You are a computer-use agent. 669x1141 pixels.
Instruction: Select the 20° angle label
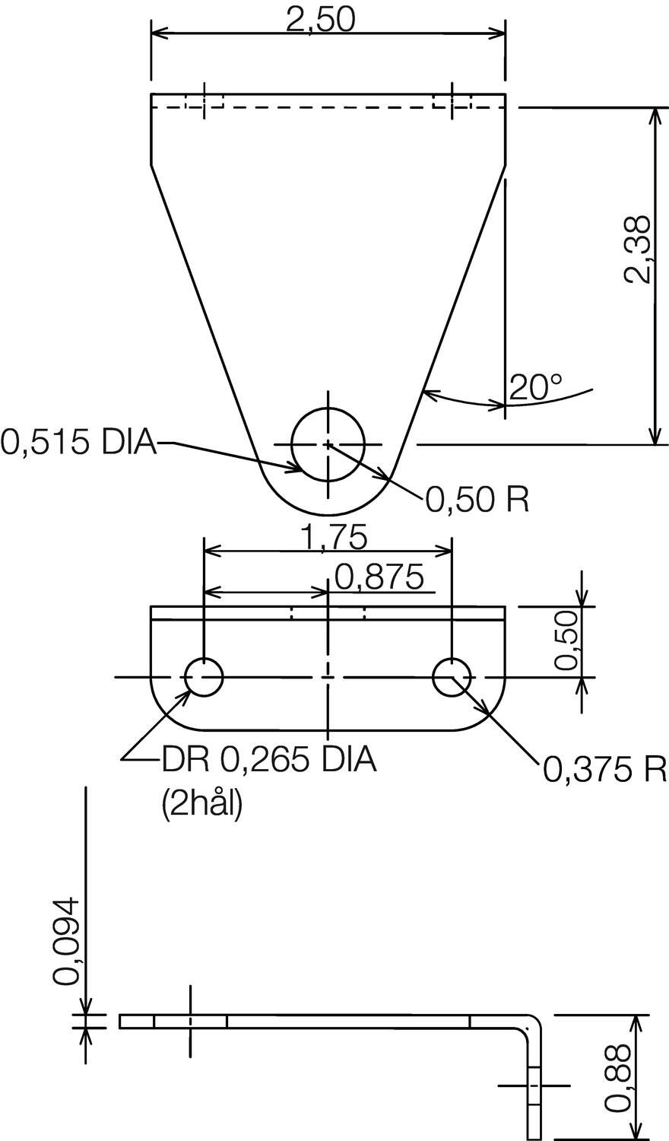[538, 388]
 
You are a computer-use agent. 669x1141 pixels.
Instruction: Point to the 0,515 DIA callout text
[78, 441]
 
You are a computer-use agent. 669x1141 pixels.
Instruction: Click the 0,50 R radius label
[477, 500]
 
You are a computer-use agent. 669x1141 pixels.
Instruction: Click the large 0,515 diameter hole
[328, 444]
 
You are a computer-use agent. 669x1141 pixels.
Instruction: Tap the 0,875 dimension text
[378, 578]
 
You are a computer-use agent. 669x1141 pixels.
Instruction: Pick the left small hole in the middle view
[204, 677]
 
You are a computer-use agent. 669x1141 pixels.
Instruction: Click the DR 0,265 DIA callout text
[268, 759]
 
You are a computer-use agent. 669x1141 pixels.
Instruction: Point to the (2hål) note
[201, 805]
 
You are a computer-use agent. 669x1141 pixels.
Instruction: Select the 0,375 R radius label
[604, 771]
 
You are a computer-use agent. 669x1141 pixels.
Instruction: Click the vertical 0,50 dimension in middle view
[567, 640]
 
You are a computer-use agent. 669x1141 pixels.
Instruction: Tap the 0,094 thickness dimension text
[66, 941]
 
